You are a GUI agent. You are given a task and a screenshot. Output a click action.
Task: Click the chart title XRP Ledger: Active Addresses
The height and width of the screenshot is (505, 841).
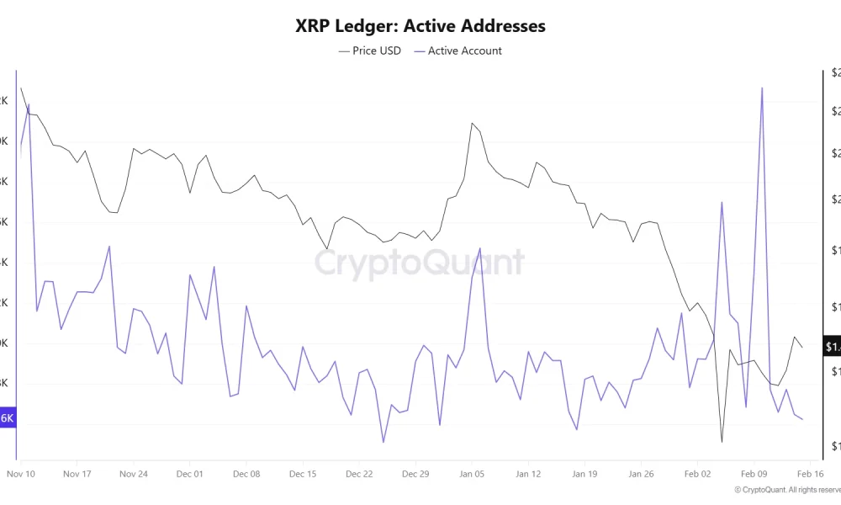point(420,26)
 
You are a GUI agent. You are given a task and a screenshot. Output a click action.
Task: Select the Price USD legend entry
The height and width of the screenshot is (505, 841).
point(370,50)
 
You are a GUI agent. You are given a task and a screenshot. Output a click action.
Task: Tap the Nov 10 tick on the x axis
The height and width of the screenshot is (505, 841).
point(20,474)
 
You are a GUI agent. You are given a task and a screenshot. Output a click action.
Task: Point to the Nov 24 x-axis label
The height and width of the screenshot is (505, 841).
point(134,474)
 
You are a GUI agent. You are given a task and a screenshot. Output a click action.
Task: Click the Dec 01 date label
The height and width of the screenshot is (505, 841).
point(190,474)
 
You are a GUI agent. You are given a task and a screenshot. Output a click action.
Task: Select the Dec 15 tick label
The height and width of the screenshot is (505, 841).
point(303,474)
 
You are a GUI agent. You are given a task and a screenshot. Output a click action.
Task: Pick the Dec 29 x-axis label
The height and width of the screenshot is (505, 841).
point(415,474)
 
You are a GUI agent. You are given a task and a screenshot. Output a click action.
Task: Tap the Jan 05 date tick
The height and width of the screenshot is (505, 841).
point(472,474)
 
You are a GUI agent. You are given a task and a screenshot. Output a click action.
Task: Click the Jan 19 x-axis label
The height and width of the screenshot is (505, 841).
point(584,474)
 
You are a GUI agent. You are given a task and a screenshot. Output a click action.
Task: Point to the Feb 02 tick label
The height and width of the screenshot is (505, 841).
point(697,474)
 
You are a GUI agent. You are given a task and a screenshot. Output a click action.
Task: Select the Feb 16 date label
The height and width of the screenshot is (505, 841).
point(810,474)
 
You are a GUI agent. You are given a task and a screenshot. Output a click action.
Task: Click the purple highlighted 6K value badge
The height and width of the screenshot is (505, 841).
point(8,418)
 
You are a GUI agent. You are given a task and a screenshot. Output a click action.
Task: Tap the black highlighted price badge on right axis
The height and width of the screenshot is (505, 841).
point(832,347)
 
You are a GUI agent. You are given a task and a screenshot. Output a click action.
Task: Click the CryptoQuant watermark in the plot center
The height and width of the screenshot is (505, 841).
point(420,263)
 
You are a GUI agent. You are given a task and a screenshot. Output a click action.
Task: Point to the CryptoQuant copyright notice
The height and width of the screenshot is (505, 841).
point(786,489)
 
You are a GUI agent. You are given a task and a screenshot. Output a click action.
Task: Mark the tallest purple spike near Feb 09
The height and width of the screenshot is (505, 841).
point(762,88)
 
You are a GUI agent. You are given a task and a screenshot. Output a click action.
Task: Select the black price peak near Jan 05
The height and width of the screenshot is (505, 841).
point(473,124)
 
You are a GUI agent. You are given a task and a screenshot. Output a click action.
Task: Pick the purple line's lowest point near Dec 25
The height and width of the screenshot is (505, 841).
point(383,442)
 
